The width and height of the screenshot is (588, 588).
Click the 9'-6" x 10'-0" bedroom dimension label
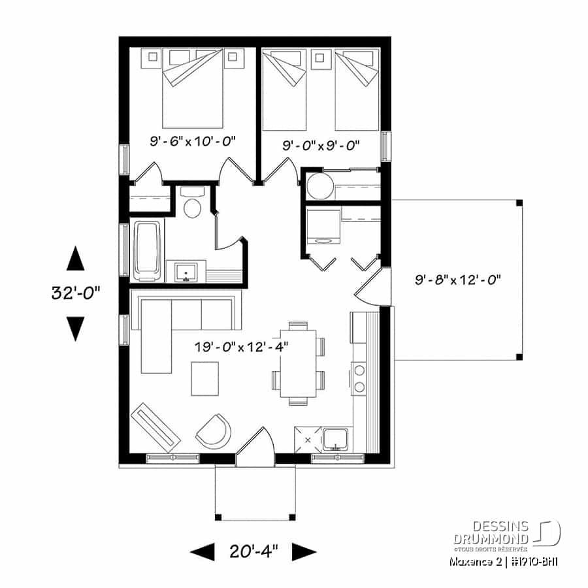point(193,140)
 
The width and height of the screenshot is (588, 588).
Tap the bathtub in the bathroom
point(147,250)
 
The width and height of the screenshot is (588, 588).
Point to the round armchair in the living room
point(214,430)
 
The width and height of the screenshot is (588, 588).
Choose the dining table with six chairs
point(299,363)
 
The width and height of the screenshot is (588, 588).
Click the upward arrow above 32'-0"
point(76,258)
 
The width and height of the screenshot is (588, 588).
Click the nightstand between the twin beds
point(321,59)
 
